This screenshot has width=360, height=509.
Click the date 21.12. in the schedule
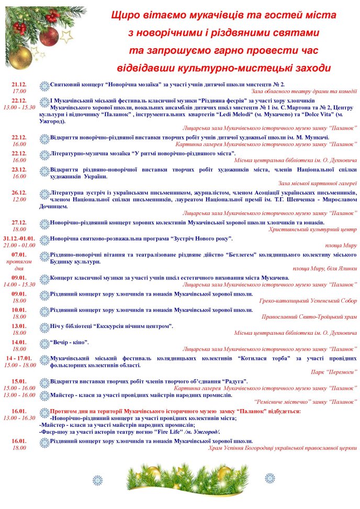point(19,84)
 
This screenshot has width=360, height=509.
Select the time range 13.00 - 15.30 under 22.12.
point(19,107)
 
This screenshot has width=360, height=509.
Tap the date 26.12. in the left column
point(19,193)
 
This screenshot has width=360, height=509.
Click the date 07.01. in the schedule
point(19,255)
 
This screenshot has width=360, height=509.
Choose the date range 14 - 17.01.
point(19,358)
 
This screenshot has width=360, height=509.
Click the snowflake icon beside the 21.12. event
point(45,85)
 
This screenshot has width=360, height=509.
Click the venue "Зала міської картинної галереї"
point(318,183)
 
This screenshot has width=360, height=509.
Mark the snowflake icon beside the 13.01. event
point(45,326)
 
